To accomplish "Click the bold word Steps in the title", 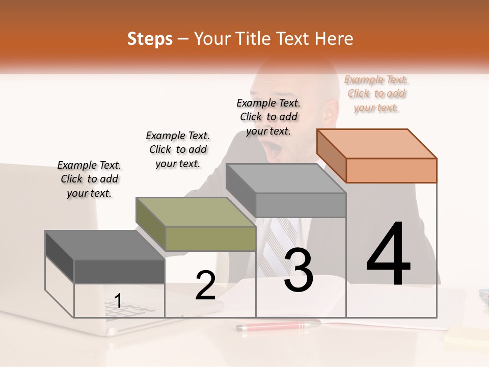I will click(150, 39).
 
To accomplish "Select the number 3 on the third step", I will click(298, 270).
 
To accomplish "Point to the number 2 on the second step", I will click(205, 285).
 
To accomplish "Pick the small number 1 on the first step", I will click(118, 301).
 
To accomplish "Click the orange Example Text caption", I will click(376, 94).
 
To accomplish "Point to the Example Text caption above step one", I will click(89, 179).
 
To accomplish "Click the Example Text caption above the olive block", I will click(178, 149).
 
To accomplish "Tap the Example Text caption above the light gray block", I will click(268, 117).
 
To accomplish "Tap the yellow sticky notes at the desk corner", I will click(466, 336).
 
